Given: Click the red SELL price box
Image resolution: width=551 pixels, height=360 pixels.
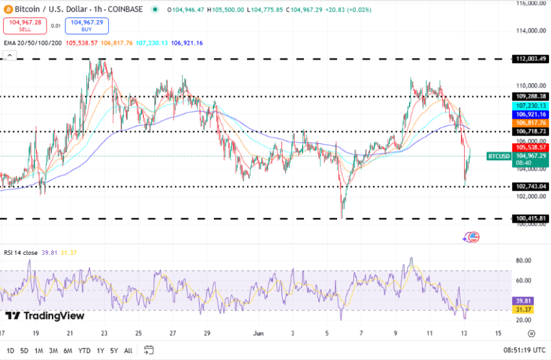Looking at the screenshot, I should [x=25, y=25].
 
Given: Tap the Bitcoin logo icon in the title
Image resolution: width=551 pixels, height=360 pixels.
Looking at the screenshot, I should [x=8, y=10].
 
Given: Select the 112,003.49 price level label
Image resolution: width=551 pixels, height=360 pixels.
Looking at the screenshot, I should [x=530, y=59].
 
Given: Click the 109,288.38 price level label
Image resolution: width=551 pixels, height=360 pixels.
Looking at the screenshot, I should [x=530, y=96].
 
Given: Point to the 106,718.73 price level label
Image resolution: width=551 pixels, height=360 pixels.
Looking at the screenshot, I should [x=530, y=131].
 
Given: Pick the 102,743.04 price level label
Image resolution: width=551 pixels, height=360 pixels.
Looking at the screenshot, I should [x=530, y=186].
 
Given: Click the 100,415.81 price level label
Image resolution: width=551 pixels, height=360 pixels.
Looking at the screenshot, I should [x=530, y=219].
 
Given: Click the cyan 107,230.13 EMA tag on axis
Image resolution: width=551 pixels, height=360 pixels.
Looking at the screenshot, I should [x=530, y=105].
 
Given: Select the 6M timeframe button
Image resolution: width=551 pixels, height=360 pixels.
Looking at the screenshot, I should [x=67, y=350].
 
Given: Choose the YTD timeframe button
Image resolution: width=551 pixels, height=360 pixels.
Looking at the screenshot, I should [x=84, y=350].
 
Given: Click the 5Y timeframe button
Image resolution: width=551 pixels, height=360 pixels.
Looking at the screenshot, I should [x=114, y=350].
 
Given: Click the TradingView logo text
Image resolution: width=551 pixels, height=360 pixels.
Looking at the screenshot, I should [x=45, y=316].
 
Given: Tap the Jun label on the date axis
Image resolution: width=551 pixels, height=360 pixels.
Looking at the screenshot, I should [x=257, y=333].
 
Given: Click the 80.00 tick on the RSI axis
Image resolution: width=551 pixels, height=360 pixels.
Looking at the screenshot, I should [x=524, y=261].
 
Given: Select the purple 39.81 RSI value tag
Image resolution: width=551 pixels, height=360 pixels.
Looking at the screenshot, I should [x=524, y=301].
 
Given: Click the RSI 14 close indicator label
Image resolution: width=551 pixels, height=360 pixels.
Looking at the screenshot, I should [x=21, y=252].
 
